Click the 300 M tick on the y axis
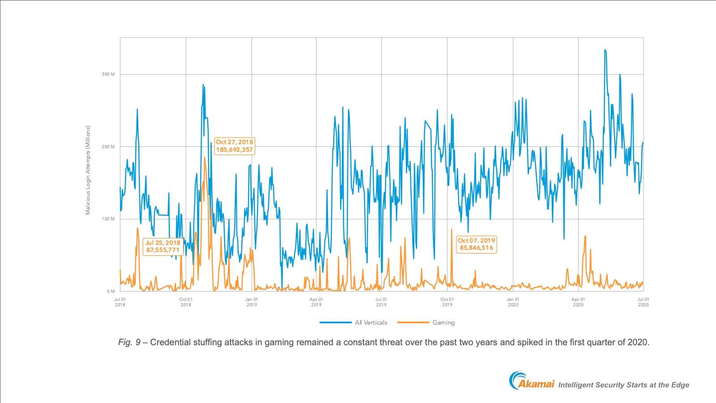click(x=108, y=74)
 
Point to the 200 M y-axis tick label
click(x=108, y=147)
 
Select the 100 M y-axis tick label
click(x=108, y=219)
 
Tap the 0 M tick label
click(x=111, y=292)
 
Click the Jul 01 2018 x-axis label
click(x=120, y=302)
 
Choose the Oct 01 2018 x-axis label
click(x=186, y=302)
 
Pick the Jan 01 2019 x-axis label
click(x=251, y=302)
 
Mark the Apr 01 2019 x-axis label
click(x=316, y=302)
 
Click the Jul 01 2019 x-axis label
click(x=381, y=302)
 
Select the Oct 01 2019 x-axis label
click(x=447, y=302)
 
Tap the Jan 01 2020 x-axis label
click(x=513, y=302)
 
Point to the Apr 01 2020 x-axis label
click(x=578, y=302)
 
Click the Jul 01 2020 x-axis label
click(x=643, y=302)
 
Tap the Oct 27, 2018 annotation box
click(x=234, y=146)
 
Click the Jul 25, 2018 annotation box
click(x=162, y=246)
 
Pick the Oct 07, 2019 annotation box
click(x=476, y=244)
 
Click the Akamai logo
click(x=532, y=382)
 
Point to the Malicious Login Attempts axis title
click(x=88, y=170)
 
